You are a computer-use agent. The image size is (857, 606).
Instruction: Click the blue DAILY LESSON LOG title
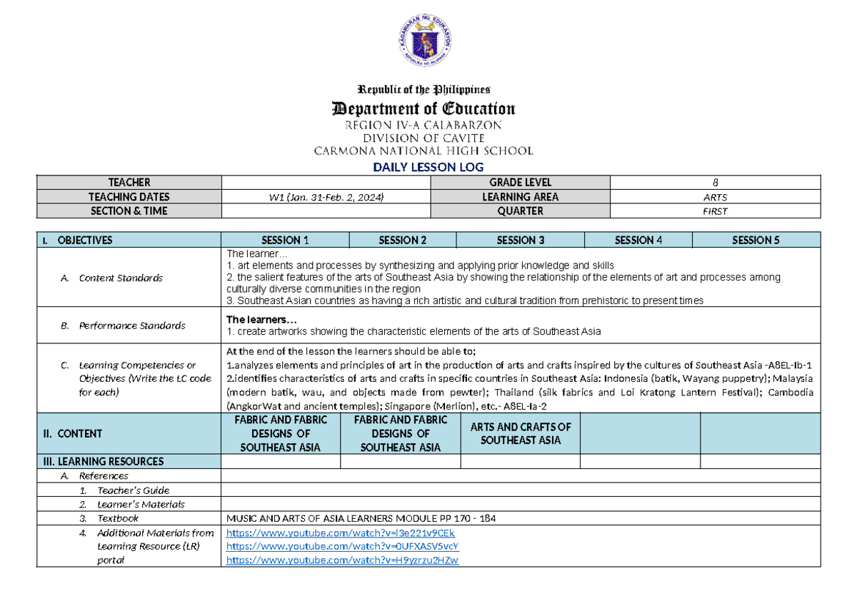[x=428, y=167]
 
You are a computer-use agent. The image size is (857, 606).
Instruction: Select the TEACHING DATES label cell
[x=129, y=197]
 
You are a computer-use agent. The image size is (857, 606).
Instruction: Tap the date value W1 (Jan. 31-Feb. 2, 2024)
[x=326, y=197]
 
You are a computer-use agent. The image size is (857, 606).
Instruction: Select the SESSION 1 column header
[x=285, y=241]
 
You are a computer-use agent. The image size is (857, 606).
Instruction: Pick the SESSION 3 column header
[x=520, y=241]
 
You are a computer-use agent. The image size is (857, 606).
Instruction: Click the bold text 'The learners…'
[x=256, y=319]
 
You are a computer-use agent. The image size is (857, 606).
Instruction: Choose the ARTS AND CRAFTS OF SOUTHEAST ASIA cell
[x=520, y=433]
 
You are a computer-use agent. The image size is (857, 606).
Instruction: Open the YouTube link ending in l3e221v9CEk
[x=340, y=533]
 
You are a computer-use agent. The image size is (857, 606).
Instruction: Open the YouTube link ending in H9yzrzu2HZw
[x=342, y=560]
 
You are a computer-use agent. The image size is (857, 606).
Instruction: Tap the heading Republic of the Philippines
[x=424, y=90]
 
